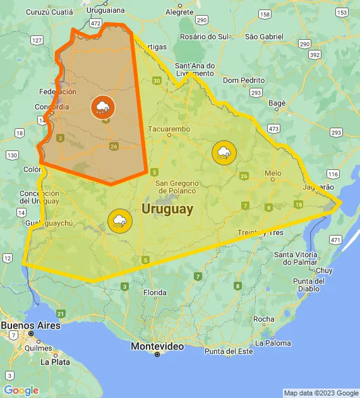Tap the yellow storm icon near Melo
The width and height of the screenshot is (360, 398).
coord(224,152)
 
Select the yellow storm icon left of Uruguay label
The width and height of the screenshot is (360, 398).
coord(119,220)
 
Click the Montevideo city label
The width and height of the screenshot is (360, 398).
coord(157,346)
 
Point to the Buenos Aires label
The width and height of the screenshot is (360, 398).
coord(31,325)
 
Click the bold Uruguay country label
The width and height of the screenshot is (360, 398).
coord(167,209)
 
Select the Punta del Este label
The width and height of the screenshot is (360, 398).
coord(228,351)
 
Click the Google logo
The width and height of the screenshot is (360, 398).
coord(21,390)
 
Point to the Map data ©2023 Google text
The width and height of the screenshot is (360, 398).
coord(321,393)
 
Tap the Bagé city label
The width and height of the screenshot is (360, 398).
coord(277,103)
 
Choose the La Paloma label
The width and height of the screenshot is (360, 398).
coord(273,343)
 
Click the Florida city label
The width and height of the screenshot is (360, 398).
coord(155,292)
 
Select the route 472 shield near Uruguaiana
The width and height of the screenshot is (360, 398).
coord(95,23)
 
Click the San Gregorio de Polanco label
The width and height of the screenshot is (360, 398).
coord(177,186)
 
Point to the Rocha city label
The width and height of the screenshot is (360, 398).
coord(263,319)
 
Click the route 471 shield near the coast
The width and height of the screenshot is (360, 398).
coord(335,240)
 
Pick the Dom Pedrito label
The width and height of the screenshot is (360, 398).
coord(244,80)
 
